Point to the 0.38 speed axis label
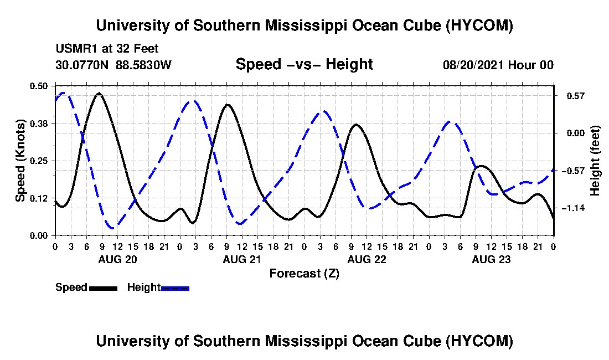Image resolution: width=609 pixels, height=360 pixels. pyautogui.click(x=38, y=124)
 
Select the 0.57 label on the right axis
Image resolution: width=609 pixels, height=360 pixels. pyautogui.click(x=576, y=96)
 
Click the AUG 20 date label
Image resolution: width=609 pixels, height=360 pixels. pyautogui.click(x=118, y=259)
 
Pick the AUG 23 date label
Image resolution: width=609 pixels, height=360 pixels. pyautogui.click(x=491, y=259)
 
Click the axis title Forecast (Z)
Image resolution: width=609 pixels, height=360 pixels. pyautogui.click(x=304, y=274)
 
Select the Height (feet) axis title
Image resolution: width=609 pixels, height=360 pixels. pyautogui.click(x=595, y=161)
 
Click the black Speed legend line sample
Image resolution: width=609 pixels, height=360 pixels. pyautogui.click(x=103, y=288)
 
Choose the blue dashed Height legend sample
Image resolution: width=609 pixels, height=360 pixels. pyautogui.click(x=175, y=288)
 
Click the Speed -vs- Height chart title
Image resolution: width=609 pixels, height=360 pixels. pyautogui.click(x=304, y=64)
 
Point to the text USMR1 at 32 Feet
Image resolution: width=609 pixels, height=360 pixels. pyautogui.click(x=107, y=49)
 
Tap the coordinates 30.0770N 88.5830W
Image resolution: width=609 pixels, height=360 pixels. pyautogui.click(x=113, y=65)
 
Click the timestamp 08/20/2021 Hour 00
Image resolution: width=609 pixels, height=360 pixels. pyautogui.click(x=498, y=65)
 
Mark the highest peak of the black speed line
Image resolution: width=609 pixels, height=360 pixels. pyautogui.click(x=100, y=93)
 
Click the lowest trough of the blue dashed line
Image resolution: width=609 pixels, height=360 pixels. pyautogui.click(x=112, y=228)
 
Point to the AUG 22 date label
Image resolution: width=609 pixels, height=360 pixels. pyautogui.click(x=367, y=259)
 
